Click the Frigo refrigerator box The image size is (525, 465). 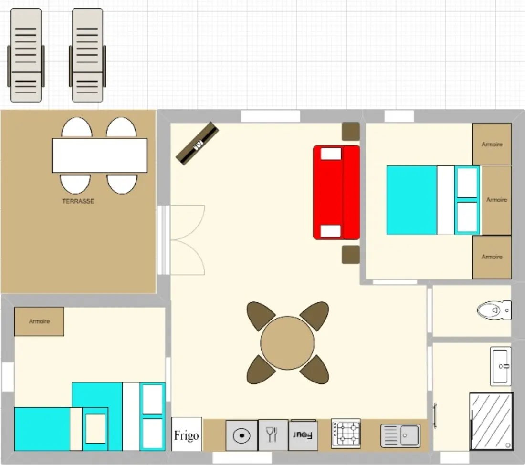pos(187,434)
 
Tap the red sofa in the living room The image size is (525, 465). pos(336,192)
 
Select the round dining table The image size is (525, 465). pos(287,343)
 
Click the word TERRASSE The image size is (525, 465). pos(78,201)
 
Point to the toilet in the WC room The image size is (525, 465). pos(494,310)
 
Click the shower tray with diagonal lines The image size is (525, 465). pos(491,421)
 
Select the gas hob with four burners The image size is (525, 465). pos(346,433)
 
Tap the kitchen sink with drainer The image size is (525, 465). pos(400,435)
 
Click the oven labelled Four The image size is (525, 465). pos(303,435)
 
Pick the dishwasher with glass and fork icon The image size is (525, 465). pos(273,435)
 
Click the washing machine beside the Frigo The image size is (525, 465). pos(242,435)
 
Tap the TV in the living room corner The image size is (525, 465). pos(198,144)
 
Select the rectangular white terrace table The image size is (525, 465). pos(99,155)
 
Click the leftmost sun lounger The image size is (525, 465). pos(26,55)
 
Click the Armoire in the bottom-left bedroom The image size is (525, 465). pos(39,321)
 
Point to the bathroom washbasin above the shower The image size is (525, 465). pos(501,366)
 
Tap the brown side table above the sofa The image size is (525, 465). pos(351,132)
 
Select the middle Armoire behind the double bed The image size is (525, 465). pos(496,200)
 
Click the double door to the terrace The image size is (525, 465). pos(181,240)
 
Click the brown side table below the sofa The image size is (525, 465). pos(351,255)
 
